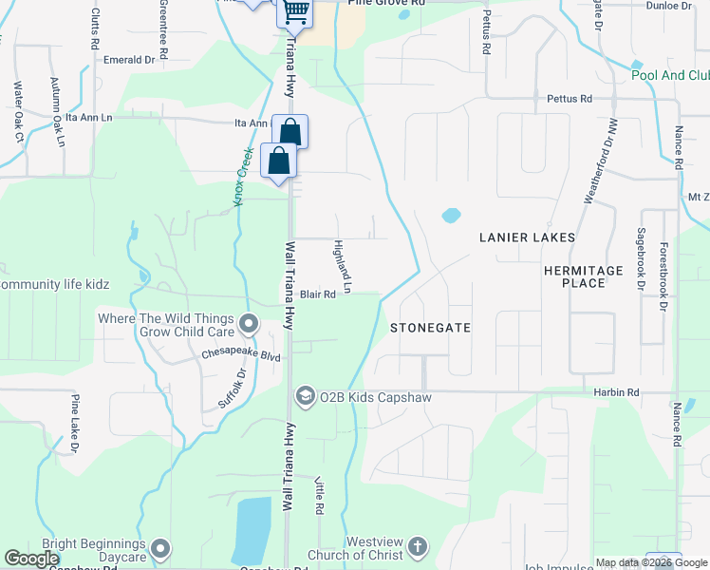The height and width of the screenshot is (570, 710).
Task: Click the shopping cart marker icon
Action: coord(295,11)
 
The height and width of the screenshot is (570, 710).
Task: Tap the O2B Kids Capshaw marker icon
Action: coord(306,394)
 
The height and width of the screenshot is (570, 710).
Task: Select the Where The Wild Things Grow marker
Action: coord(249,325)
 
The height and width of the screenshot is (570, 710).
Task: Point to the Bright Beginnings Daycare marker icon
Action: coord(160,548)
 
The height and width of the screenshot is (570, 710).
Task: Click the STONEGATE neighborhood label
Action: coord(430,327)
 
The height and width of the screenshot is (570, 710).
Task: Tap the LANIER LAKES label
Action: coord(527,237)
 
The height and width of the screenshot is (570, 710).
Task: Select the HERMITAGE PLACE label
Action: coord(583,276)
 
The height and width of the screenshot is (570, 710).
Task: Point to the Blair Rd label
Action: coord(319,294)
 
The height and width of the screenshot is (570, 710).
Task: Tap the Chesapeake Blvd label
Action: coord(241,355)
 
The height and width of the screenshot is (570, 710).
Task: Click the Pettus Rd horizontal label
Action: coord(570,98)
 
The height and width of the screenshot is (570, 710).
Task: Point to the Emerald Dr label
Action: coord(129,59)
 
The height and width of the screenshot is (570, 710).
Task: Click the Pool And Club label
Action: coord(670,75)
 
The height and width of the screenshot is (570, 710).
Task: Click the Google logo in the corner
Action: coord(31,559)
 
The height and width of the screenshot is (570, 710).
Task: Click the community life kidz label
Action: coord(55,284)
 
